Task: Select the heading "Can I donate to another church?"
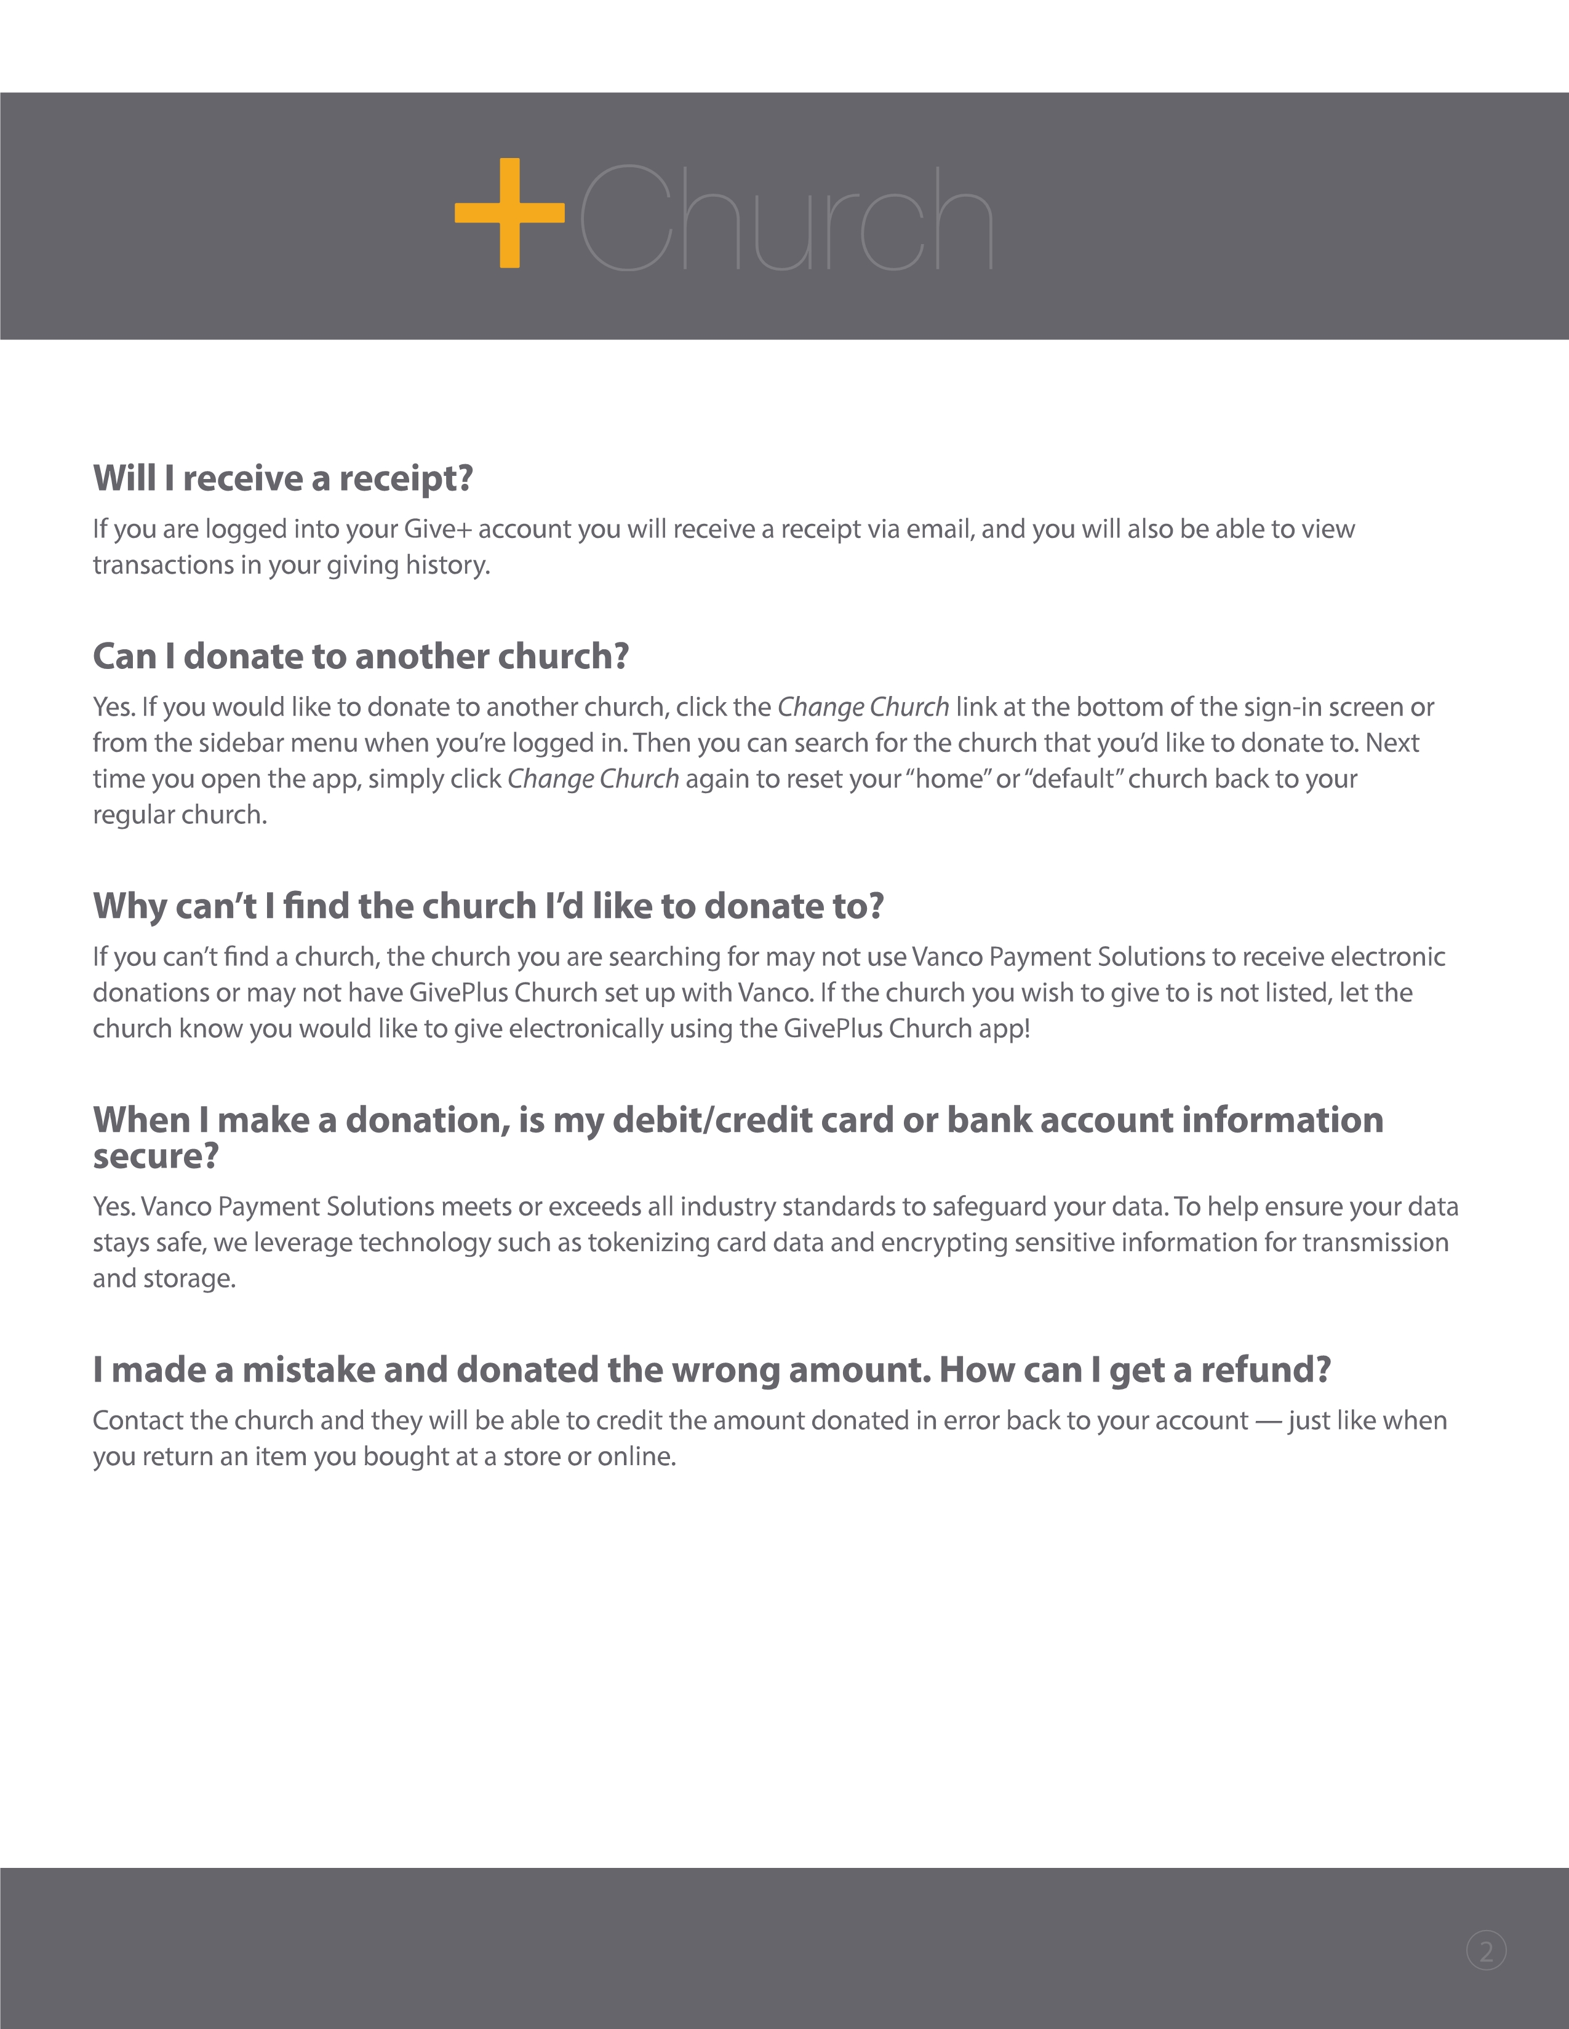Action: [x=361, y=656]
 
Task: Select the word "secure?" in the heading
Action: [x=155, y=1157]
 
